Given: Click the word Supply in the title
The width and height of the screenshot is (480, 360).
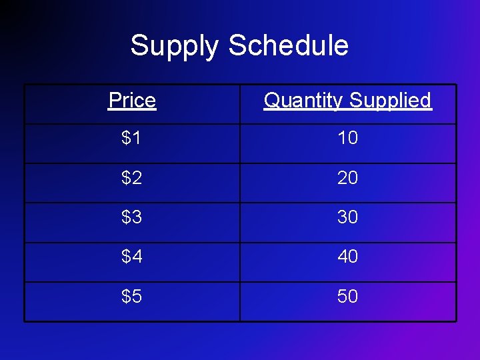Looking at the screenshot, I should pos(174,46).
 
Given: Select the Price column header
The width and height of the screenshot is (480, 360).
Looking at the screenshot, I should pos(132,101).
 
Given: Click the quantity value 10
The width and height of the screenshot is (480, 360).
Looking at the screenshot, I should pos(347,138).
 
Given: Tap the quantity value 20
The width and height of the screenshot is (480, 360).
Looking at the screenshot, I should pos(347,177).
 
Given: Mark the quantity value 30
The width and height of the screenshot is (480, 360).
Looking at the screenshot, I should pos(347,217).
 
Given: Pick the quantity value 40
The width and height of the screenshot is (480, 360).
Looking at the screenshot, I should pos(347,256).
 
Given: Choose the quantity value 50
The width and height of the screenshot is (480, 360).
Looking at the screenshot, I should pos(347,296).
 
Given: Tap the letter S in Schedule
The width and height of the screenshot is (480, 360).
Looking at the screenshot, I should pos(237,45).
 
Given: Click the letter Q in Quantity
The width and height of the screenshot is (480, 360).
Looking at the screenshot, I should pos(273,101).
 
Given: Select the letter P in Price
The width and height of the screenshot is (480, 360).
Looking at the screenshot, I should pos(114,101).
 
